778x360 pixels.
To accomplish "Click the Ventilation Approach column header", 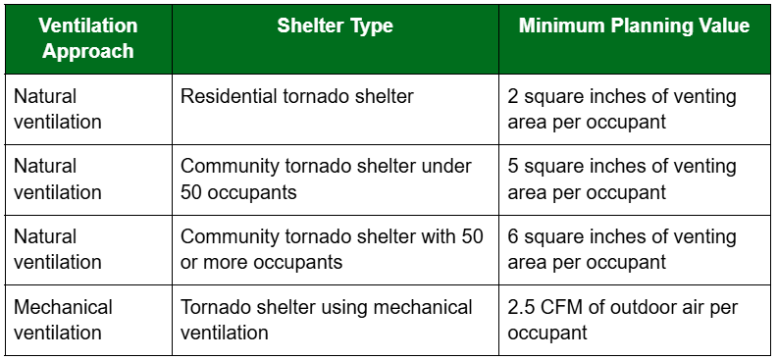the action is coord(88,38).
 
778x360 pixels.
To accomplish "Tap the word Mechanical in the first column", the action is coord(63,307).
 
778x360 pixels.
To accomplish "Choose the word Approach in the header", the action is coord(88,51).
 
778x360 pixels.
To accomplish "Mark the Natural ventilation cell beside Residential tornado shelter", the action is coord(58,109).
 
